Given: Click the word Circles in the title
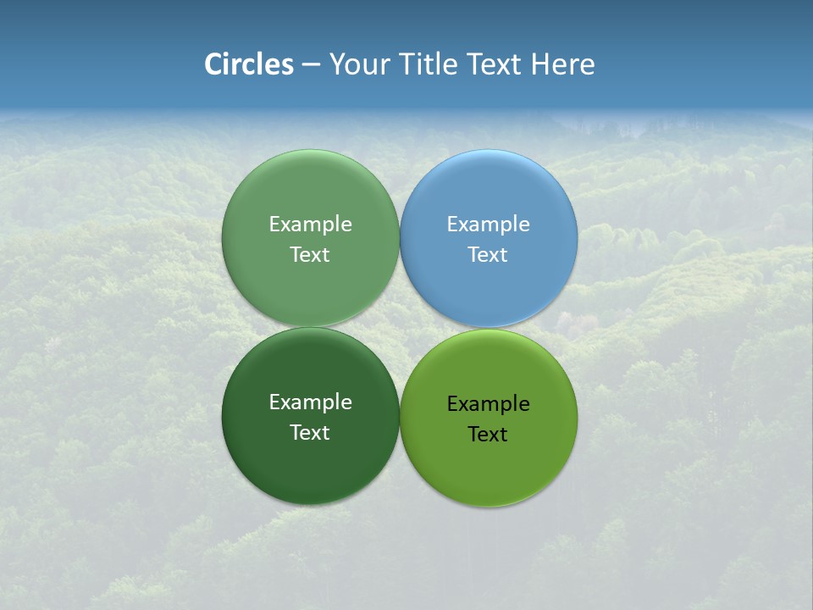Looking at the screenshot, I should (249, 64).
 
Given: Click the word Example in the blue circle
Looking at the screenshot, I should (488, 225).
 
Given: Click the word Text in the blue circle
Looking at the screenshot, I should (488, 254).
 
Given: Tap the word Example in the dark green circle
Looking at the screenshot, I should (310, 402).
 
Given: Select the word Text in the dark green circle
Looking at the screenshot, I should (310, 432).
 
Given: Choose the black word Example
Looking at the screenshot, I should (488, 404).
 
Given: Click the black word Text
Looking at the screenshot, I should (488, 434).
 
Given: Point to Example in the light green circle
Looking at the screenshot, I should (310, 225).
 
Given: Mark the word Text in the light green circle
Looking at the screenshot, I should (310, 254).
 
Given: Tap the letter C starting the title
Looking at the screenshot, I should (213, 64).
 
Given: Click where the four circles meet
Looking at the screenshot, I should (400, 327).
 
